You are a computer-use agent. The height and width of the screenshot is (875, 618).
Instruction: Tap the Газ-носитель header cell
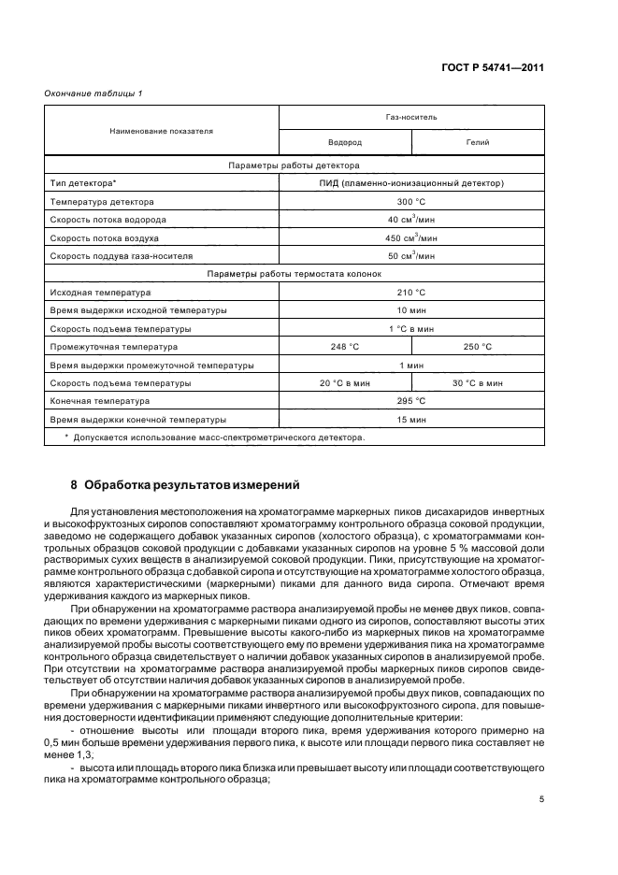(x=411, y=118)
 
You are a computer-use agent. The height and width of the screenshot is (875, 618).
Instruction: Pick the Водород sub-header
(x=345, y=142)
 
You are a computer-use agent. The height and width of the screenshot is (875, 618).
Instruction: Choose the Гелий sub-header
(x=478, y=142)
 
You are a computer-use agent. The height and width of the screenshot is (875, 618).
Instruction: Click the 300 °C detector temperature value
(x=411, y=201)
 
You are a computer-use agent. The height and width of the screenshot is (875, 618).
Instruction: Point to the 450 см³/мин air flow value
(x=411, y=237)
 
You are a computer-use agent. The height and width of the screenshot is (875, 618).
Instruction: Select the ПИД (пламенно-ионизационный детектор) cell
(x=411, y=183)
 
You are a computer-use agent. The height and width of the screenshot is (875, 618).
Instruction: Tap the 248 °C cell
(x=345, y=347)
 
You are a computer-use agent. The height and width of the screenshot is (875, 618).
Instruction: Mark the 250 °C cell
(x=478, y=347)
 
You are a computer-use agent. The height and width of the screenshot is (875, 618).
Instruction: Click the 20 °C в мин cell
(x=345, y=382)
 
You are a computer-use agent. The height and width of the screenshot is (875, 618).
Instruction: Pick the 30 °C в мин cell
(x=478, y=382)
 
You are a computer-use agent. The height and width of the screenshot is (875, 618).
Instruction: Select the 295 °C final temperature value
(x=411, y=401)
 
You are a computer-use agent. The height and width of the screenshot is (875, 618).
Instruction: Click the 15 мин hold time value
(x=411, y=419)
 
